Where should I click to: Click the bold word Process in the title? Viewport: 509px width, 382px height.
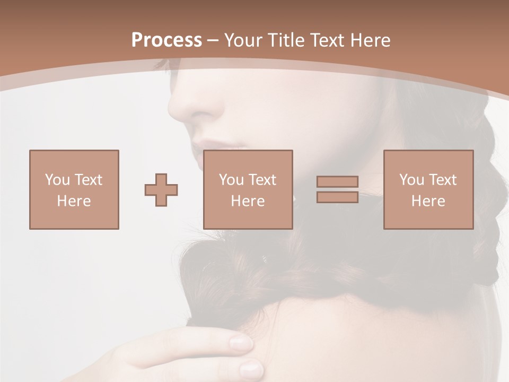point(166,40)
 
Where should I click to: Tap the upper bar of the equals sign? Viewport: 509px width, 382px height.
point(337,181)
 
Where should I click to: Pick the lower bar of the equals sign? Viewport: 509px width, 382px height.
point(337,197)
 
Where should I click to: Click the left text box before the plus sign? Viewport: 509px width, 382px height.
point(74,189)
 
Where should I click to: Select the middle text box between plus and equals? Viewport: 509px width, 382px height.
point(248,189)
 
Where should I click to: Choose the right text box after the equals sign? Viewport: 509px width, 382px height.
point(428,189)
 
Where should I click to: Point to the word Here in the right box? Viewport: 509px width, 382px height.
point(428,201)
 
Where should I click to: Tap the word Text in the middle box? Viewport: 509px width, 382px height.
point(262,180)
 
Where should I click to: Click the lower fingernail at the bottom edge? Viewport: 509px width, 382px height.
point(250,368)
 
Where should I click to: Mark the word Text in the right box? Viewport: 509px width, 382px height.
point(443,180)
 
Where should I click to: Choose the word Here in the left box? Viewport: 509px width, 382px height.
point(74,201)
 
